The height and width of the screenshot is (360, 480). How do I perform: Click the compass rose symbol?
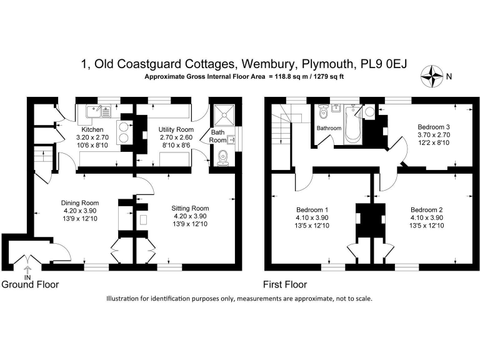point(432,76)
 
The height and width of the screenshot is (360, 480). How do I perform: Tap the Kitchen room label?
point(92,129)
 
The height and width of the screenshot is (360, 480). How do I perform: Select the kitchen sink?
point(99,112)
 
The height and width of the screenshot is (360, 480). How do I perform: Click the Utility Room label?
point(176,129)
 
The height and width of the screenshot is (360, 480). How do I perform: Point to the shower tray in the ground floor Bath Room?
point(224,116)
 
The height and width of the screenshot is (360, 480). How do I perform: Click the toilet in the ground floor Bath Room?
point(223,157)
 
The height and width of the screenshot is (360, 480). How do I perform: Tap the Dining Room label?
point(80,202)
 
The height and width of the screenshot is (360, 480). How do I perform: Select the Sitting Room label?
point(190,208)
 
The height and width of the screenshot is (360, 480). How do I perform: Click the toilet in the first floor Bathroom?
point(323,112)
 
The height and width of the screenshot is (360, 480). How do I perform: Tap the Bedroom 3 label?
point(434,127)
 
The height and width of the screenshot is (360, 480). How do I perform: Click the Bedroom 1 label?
point(312,210)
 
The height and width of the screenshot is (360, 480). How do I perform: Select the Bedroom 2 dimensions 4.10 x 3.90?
point(426,217)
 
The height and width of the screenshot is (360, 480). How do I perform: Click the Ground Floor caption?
point(30,284)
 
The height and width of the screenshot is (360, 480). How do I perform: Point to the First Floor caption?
point(285,285)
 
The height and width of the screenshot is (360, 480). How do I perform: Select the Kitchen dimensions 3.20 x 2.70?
point(92,137)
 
